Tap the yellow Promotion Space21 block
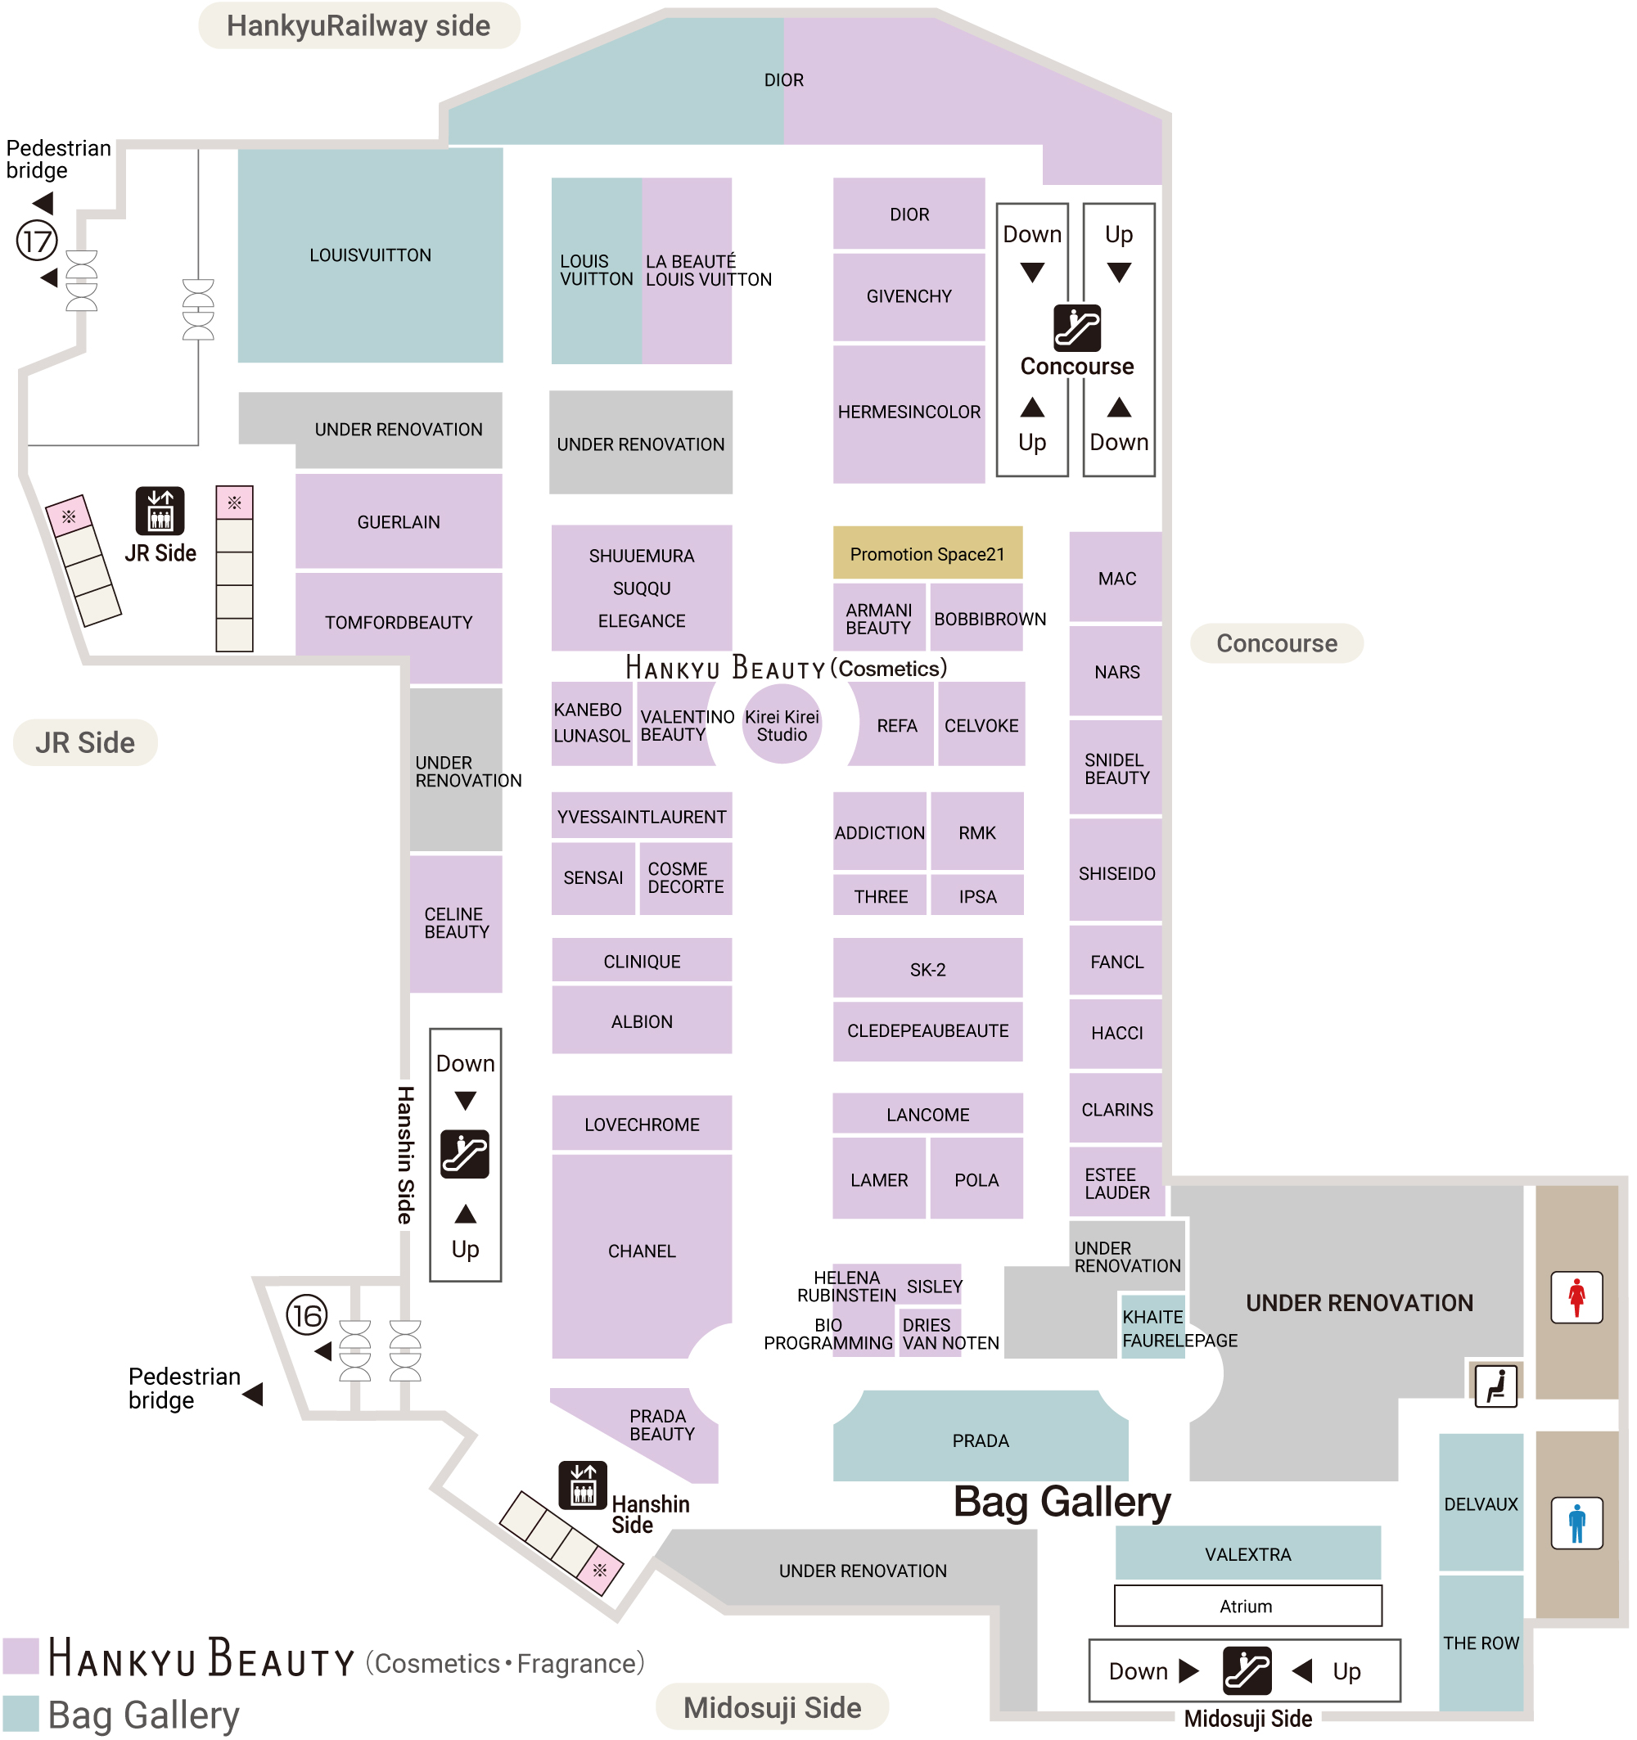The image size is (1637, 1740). [928, 553]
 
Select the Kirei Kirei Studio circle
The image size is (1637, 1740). [782, 724]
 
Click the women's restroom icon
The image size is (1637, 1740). [1577, 1297]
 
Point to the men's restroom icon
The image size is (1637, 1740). [1577, 1523]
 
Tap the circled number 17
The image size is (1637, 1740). [38, 241]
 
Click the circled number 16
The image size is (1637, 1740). [307, 1315]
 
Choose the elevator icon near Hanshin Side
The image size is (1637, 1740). [583, 1486]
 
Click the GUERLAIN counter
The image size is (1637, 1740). [399, 521]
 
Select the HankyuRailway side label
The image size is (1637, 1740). [359, 26]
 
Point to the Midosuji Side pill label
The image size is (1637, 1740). [772, 1707]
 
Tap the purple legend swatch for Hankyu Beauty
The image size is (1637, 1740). [21, 1656]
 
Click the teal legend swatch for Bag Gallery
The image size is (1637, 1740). [21, 1714]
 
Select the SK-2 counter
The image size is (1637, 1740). [928, 969]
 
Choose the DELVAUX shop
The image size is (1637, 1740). [1482, 1503]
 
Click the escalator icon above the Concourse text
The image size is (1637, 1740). [1077, 328]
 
